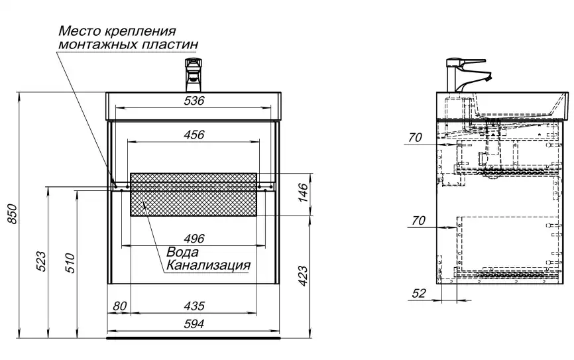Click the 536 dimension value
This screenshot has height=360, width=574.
(x=194, y=101)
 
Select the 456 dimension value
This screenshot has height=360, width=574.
(x=194, y=135)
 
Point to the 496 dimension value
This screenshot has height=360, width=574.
(x=194, y=239)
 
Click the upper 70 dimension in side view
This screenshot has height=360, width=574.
(x=415, y=138)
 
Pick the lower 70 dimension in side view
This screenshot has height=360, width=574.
(x=418, y=221)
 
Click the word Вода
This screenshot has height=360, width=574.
(x=182, y=253)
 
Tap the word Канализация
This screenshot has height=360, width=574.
(x=207, y=265)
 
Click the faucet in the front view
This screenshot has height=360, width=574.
(x=194, y=75)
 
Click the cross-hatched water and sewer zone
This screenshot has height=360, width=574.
(x=194, y=194)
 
